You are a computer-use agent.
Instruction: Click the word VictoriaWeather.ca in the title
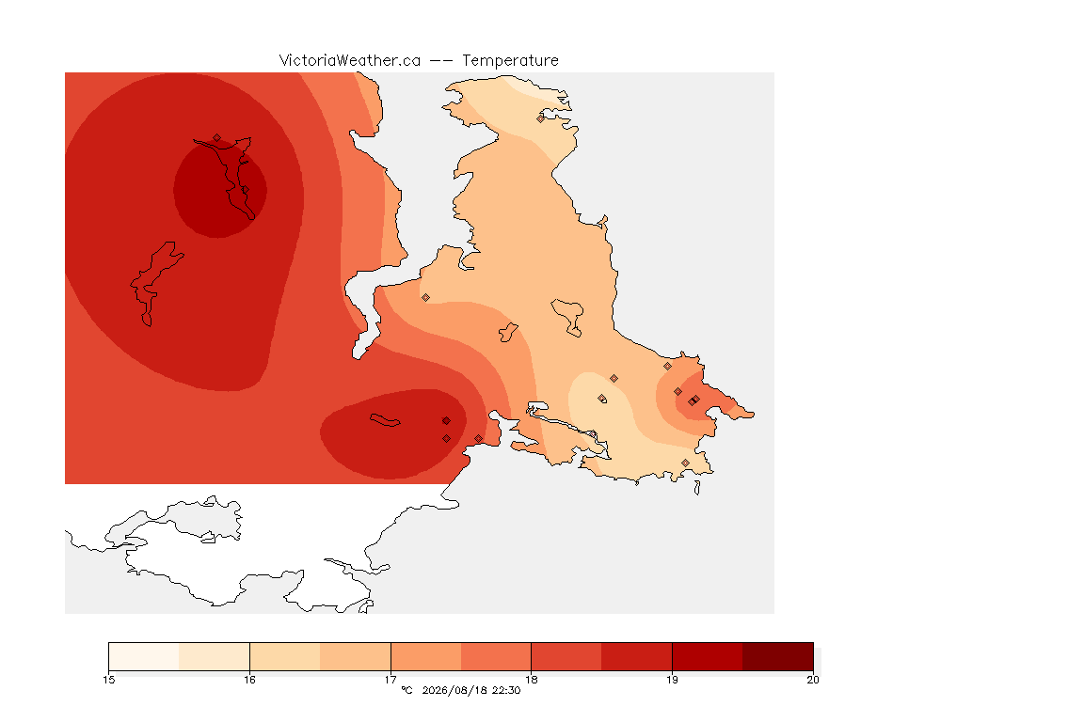coord(350,61)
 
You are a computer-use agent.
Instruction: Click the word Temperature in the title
coord(510,61)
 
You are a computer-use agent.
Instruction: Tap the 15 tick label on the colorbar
coord(108,680)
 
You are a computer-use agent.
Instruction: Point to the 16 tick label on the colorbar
coord(249,680)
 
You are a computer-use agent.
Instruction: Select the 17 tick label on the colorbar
coord(391,680)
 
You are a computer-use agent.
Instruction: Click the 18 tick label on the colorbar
coord(531,680)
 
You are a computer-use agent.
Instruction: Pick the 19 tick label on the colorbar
coord(672,680)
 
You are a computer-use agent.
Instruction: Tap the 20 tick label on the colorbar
coord(813,680)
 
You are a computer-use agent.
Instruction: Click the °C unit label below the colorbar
coord(406,690)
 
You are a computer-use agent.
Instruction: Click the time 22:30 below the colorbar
coord(506,690)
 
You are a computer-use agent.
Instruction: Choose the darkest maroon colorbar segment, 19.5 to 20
coord(778,656)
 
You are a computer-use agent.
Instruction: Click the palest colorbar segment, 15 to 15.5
coord(144,656)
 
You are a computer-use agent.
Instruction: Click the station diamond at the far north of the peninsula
coord(541,118)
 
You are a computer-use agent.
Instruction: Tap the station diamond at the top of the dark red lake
coord(217,138)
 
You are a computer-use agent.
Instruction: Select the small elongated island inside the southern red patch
coord(385,420)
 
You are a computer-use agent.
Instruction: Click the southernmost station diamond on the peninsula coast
coord(685,463)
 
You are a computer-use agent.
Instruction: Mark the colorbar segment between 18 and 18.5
coord(566,656)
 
